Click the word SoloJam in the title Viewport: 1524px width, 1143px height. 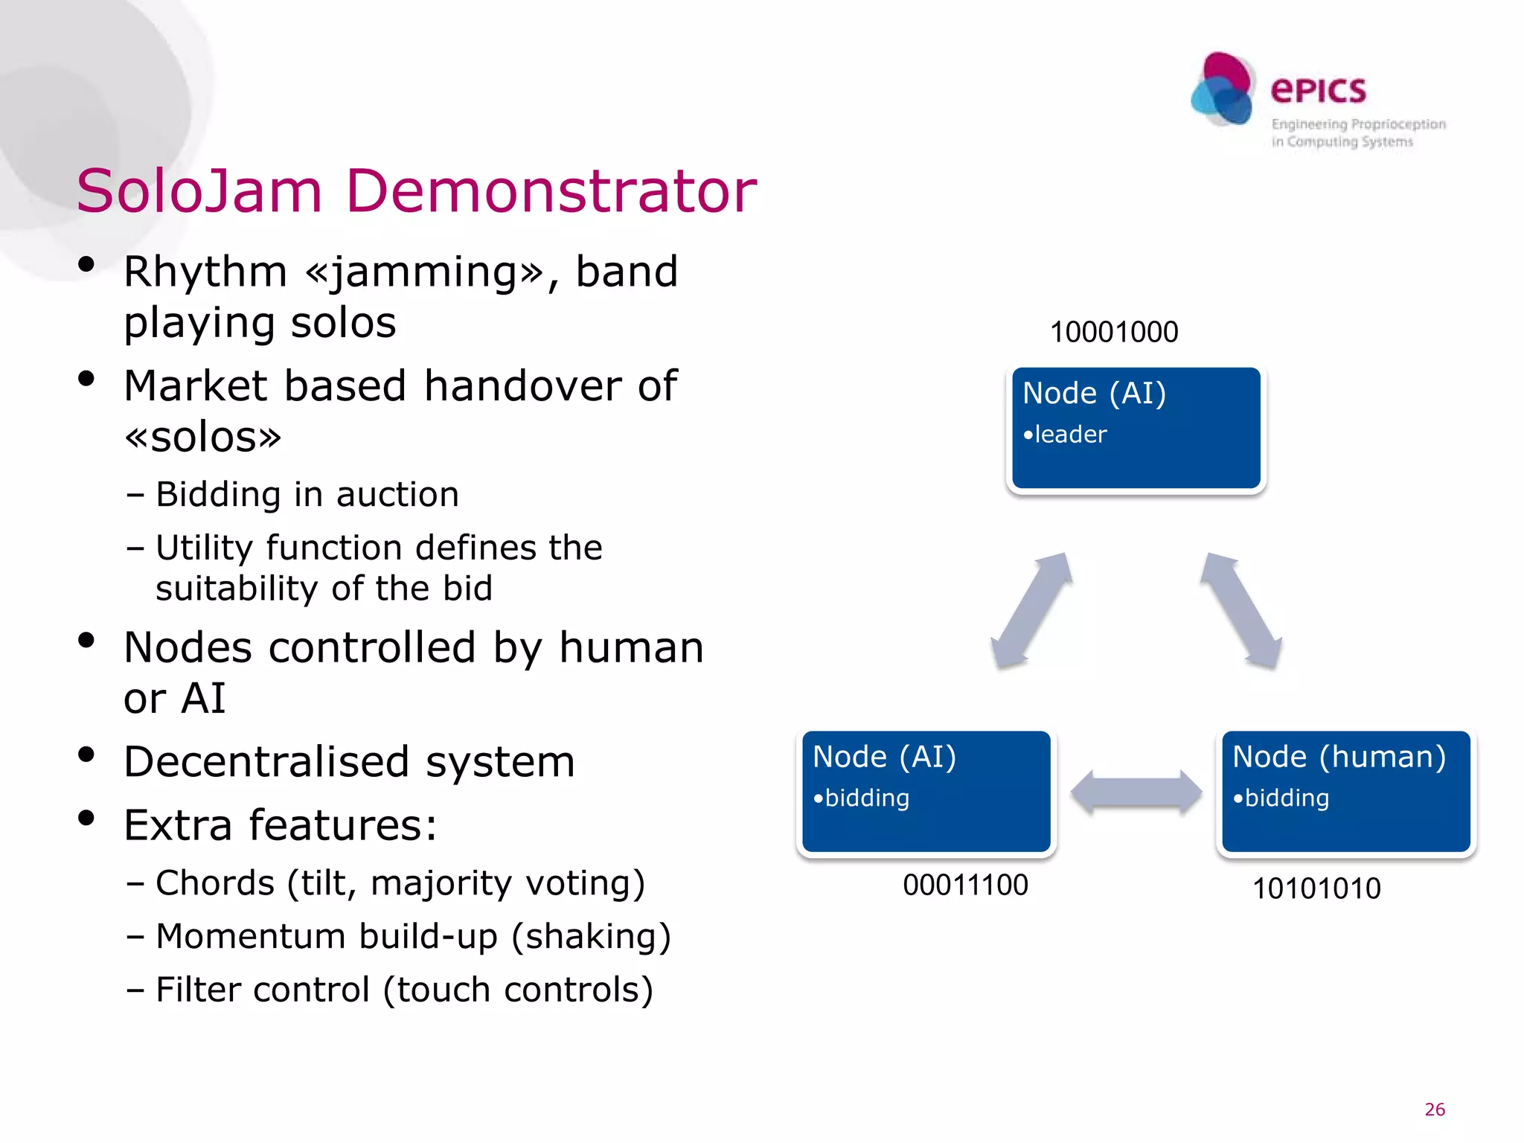pyautogui.click(x=199, y=191)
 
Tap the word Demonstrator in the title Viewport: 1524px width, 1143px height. pyautogui.click(x=551, y=191)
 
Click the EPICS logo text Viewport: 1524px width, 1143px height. pyautogui.click(x=1318, y=91)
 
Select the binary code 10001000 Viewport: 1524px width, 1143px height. pyautogui.click(x=1113, y=332)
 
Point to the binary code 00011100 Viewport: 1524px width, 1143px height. pyautogui.click(x=965, y=886)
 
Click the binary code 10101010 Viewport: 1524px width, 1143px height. pyautogui.click(x=1316, y=889)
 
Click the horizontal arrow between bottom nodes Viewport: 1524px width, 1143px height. pyautogui.click(x=1136, y=793)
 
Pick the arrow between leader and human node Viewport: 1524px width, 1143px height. pyautogui.click(x=1240, y=610)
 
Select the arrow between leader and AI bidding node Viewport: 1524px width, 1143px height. pyautogui.click(x=1031, y=610)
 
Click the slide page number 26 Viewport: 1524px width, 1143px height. pyautogui.click(x=1434, y=1110)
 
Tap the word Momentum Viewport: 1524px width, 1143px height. pyautogui.click(x=251, y=936)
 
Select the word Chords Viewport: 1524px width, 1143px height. pyautogui.click(x=215, y=883)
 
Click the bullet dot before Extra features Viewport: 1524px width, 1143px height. pyautogui.click(x=86, y=818)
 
